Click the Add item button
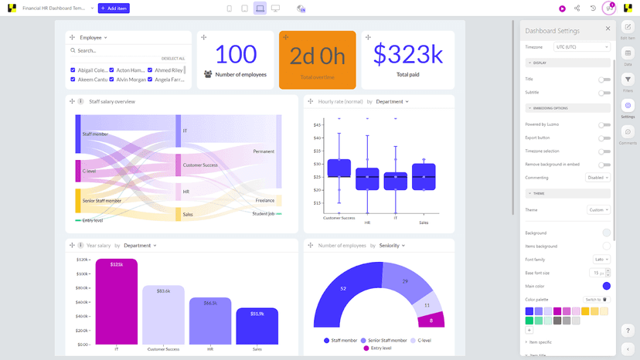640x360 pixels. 113,8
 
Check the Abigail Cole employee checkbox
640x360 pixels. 73,70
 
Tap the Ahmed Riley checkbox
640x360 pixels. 150,70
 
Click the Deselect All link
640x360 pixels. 173,59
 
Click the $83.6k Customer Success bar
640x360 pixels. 163,314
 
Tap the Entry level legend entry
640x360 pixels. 380,348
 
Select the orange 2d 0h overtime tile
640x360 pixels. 317,59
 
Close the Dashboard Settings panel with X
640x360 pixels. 608,29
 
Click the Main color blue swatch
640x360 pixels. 606,286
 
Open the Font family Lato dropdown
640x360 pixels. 601,260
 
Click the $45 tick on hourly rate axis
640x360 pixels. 317,125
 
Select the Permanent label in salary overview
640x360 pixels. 264,151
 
